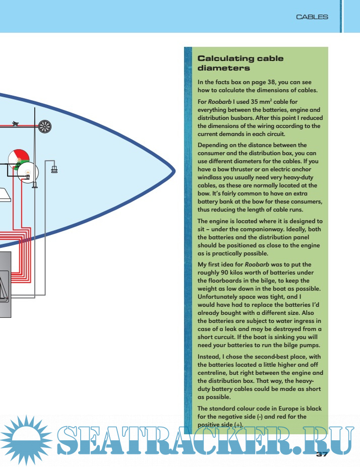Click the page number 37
coord(322,455)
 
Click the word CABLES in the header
coord(312,17)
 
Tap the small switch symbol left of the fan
coord(17,123)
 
